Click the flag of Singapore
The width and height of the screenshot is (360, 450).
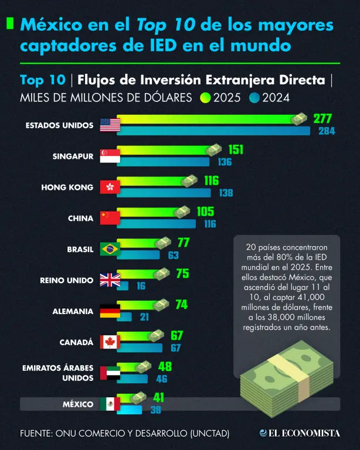pyautogui.click(x=110, y=156)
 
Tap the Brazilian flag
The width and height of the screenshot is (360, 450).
pyautogui.click(x=110, y=249)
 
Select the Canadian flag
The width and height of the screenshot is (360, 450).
pyautogui.click(x=110, y=342)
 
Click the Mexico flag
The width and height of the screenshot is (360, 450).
pyautogui.click(x=110, y=404)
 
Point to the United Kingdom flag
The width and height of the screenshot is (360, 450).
pyautogui.click(x=110, y=280)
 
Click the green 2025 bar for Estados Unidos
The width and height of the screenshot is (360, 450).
pyautogui.click(x=208, y=119)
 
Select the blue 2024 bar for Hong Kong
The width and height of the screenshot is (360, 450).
pyautogui.click(x=164, y=193)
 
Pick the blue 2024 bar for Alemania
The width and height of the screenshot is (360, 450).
pyautogui.click(x=124, y=317)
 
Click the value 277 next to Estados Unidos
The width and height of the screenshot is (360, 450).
pyautogui.click(x=322, y=118)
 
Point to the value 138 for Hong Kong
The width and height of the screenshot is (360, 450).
pyautogui.click(x=226, y=193)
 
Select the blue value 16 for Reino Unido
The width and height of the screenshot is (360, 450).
pyautogui.click(x=141, y=286)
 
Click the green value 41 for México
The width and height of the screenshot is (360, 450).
pyautogui.click(x=158, y=397)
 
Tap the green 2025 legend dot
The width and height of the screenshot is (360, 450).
pyautogui.click(x=205, y=98)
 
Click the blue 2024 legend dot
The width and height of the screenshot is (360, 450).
pyautogui.click(x=254, y=98)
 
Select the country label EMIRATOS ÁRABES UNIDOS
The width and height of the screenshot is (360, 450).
pyautogui.click(x=57, y=373)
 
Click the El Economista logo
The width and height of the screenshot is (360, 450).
pyautogui.click(x=300, y=433)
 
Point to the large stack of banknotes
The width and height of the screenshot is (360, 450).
pyautogui.click(x=287, y=379)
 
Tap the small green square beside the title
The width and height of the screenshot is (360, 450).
pyautogui.click(x=10, y=23)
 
